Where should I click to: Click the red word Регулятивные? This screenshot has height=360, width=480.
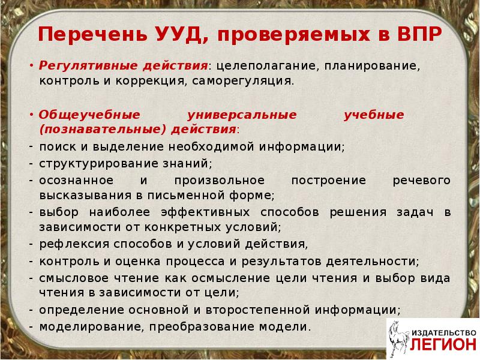click(80, 65)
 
